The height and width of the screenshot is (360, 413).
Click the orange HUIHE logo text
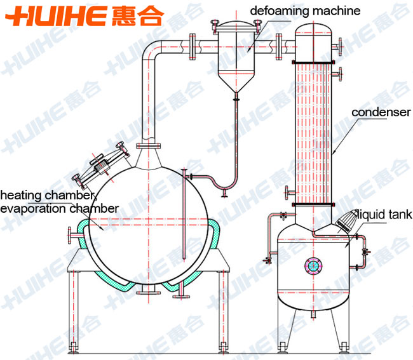tap(56, 16)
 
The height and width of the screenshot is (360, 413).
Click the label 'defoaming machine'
tap(305, 11)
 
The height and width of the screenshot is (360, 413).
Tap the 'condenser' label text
tap(381, 112)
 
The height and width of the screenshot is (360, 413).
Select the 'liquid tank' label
tap(384, 214)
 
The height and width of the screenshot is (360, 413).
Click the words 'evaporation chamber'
tap(59, 209)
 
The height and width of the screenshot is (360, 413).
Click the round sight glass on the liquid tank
tap(313, 266)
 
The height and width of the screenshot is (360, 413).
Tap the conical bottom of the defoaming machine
tap(236, 81)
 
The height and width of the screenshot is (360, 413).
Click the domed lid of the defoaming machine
tap(236, 26)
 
